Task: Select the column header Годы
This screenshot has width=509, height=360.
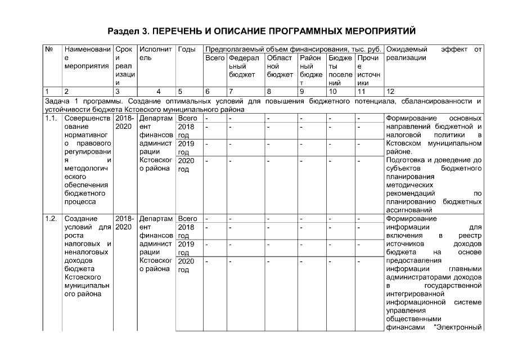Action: (x=187, y=49)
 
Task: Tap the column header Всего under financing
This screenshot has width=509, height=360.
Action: (x=215, y=58)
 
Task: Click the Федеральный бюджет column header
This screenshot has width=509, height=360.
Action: (x=244, y=66)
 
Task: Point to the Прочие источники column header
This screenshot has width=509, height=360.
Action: (x=368, y=66)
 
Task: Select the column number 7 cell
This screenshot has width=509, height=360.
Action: (x=231, y=91)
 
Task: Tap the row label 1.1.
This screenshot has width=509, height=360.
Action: (x=51, y=119)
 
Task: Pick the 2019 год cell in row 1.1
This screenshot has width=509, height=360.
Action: (x=186, y=147)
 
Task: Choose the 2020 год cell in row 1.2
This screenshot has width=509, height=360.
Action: (x=186, y=265)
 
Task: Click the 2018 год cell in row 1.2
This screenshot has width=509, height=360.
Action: (x=186, y=231)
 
